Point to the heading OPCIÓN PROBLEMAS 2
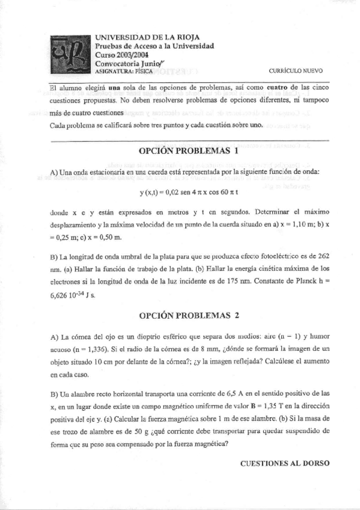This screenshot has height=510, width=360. tap(189, 315)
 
